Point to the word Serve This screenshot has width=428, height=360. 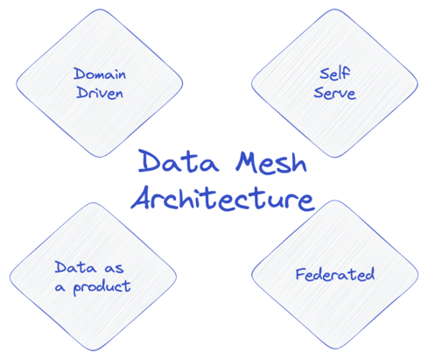(x=334, y=93)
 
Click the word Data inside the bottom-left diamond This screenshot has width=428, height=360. (x=73, y=267)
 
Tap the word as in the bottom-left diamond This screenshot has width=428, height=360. (x=111, y=268)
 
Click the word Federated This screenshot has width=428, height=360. (x=333, y=275)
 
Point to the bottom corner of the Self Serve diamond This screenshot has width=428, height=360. (x=334, y=158)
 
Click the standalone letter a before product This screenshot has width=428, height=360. (x=60, y=286)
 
